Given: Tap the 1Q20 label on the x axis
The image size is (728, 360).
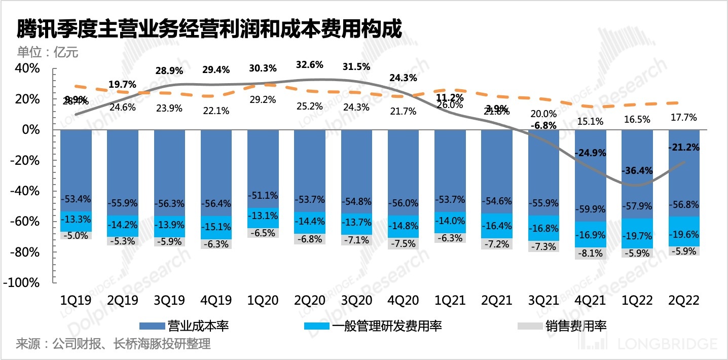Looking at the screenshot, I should [x=263, y=300].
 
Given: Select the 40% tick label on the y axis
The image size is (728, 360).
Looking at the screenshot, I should [x=28, y=68].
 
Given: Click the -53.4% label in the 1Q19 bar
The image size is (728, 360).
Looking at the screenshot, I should [x=76, y=198].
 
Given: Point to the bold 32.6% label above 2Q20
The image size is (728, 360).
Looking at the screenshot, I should [x=310, y=65].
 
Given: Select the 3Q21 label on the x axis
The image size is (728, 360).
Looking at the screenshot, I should [x=544, y=300].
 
